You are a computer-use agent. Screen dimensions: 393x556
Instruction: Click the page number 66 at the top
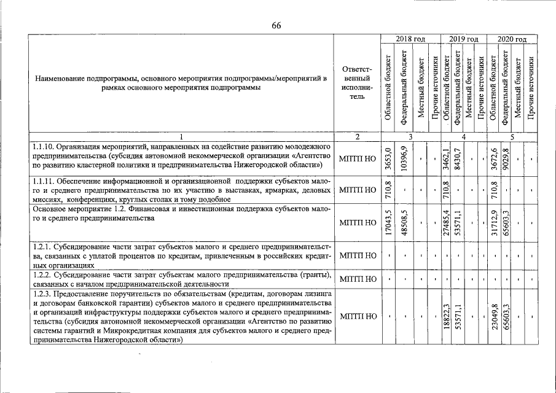pyautogui.click(x=276, y=25)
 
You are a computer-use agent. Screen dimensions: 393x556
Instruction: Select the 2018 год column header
pyautogui.click(x=410, y=39)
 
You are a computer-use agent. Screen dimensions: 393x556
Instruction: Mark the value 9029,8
pyautogui.click(x=506, y=158)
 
